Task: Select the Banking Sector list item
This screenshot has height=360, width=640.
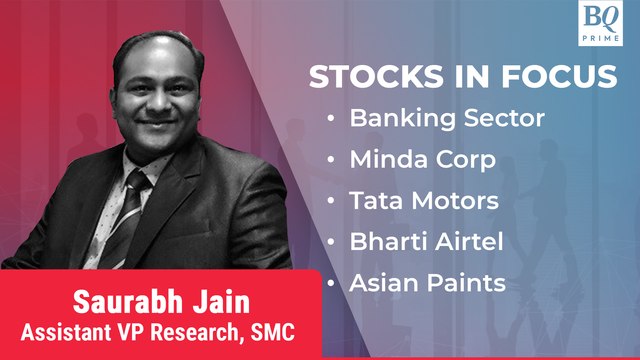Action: click(446, 118)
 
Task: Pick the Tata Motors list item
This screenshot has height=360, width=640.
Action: click(424, 201)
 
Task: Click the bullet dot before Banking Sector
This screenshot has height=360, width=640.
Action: click(331, 119)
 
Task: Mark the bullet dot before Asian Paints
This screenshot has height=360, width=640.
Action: click(331, 284)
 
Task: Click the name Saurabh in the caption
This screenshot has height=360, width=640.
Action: click(122, 300)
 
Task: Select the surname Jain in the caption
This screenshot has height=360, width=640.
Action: click(213, 300)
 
